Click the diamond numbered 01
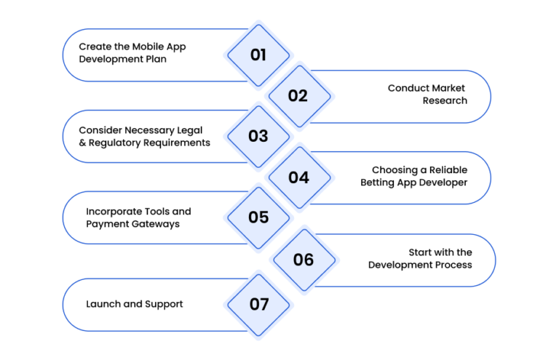click(258, 55)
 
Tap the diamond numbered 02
click(299, 96)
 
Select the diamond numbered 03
click(258, 137)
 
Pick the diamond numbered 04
click(299, 177)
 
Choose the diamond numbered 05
click(258, 217)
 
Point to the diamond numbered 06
click(304, 260)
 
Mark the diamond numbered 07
click(258, 305)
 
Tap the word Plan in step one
click(156, 59)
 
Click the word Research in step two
click(445, 101)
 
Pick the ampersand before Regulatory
click(82, 143)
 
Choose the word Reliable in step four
click(448, 170)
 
